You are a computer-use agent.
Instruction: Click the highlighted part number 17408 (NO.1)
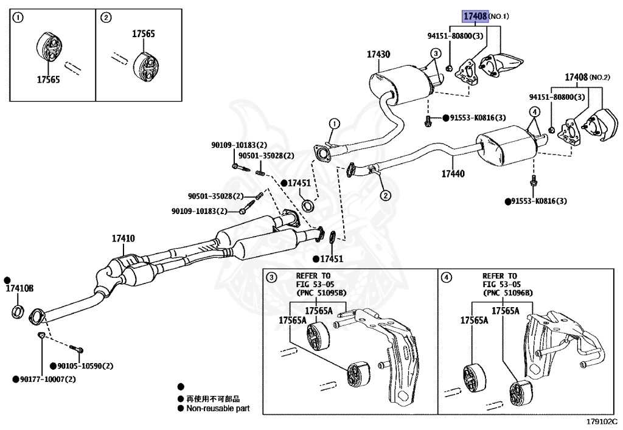tap(475, 16)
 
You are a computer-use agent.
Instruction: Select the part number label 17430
tap(378, 54)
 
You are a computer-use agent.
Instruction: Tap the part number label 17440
tap(453, 173)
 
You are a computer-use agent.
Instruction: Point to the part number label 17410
tap(123, 239)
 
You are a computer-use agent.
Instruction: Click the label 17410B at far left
tap(19, 288)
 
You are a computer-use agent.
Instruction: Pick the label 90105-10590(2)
tap(85, 366)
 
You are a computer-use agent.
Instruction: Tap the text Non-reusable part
tap(218, 409)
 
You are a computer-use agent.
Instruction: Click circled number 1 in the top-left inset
tap(19, 18)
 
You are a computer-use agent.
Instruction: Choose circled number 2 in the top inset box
tap(106, 18)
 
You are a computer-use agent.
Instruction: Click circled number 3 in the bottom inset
tap(271, 277)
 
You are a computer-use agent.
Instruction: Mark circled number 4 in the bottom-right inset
tap(447, 277)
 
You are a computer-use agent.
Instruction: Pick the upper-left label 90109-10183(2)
tap(239, 145)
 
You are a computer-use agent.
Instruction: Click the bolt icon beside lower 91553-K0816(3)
tap(534, 181)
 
